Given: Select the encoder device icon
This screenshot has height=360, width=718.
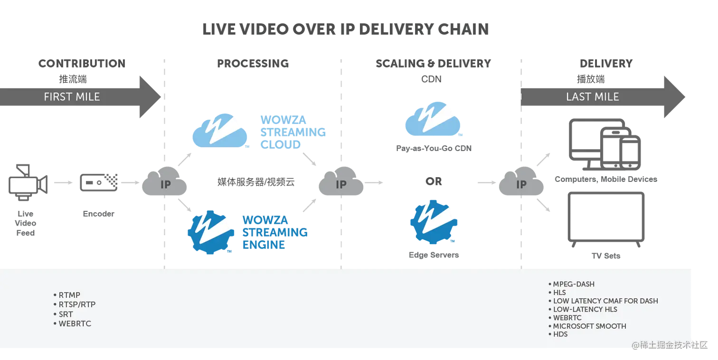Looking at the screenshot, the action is tap(99, 182).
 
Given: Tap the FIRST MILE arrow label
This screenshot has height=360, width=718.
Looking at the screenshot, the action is tap(72, 97).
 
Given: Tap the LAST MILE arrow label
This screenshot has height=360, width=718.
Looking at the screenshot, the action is tap(592, 97).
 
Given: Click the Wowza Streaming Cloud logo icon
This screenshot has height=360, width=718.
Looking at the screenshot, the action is tap(220, 131).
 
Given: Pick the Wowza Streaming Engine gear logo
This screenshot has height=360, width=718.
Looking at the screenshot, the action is tap(210, 232).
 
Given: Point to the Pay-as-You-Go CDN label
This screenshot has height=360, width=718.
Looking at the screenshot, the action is tap(434, 149).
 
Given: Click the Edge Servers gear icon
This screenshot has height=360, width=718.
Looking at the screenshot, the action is tap(434, 222).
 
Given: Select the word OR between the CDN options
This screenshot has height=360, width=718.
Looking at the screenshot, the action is tap(434, 181).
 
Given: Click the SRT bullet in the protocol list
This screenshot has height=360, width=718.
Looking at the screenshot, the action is tap(64, 314).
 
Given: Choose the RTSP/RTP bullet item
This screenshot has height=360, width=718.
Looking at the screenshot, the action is tap(75, 304).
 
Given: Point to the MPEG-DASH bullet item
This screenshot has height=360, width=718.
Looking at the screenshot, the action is tap(572, 284).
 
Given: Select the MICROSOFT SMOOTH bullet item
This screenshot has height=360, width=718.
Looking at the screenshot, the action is tap(587, 326).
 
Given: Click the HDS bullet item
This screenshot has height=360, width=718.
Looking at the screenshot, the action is tap(558, 334).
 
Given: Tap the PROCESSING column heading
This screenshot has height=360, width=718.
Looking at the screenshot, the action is tap(253, 64).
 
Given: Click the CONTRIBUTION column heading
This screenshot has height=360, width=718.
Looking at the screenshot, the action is tap(82, 64).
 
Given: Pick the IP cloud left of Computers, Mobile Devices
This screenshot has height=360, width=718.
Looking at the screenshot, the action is tap(521, 181).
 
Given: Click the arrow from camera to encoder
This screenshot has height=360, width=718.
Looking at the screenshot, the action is tap(64, 182).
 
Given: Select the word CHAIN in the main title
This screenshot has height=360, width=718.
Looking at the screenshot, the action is tap(463, 29).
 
